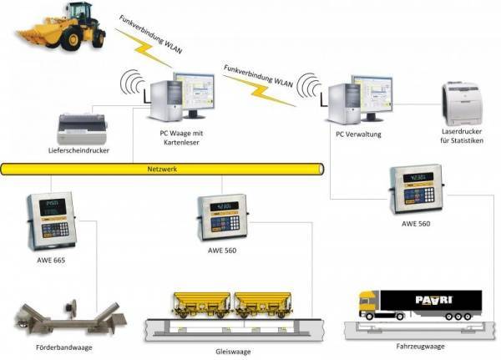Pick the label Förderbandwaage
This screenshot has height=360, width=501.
click(52, 342)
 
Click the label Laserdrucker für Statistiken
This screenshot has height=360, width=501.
click(463, 136)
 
